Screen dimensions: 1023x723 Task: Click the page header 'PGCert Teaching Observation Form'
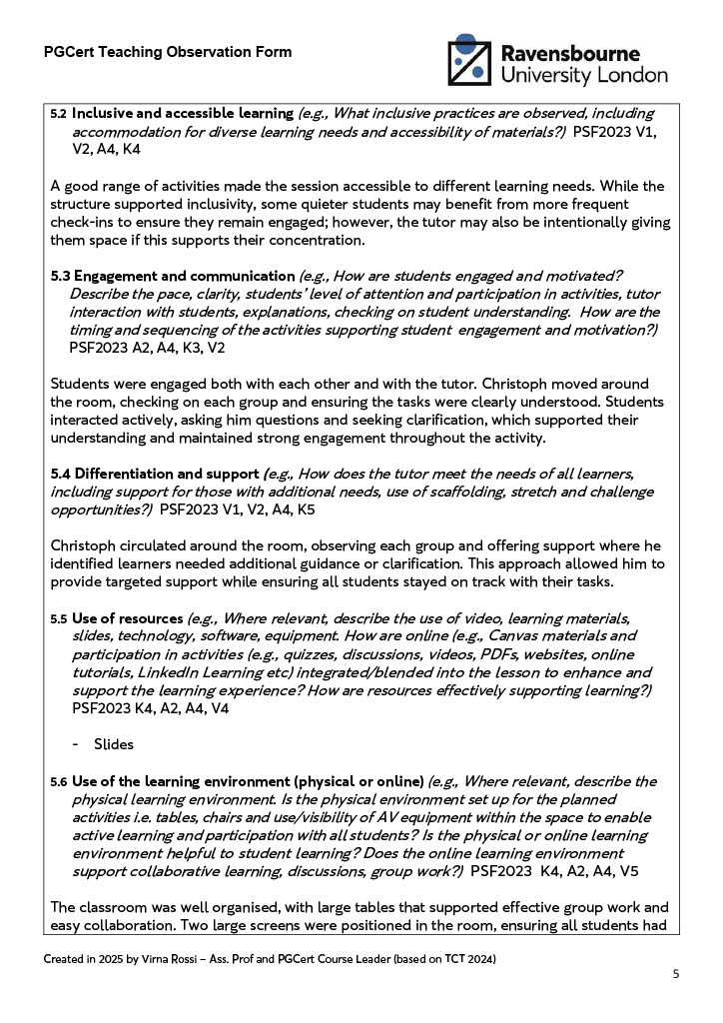168,52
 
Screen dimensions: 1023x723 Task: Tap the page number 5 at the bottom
676,974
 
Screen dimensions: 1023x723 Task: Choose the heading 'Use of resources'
127,618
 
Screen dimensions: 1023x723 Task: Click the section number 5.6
59,781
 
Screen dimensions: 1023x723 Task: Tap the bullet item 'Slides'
114,744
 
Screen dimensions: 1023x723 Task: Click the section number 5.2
59,113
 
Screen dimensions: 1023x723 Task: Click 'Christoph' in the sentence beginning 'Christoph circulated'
85,546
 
